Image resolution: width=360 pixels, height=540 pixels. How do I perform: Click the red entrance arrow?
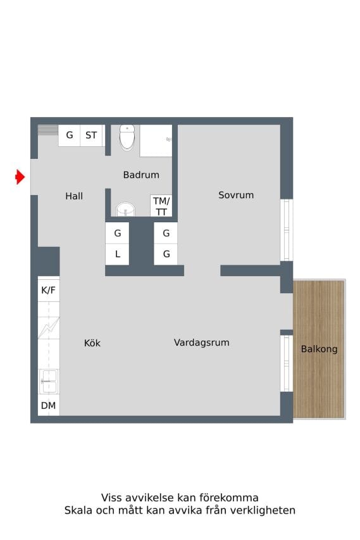coord(20,177)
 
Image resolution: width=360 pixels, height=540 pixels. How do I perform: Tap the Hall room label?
coord(74,196)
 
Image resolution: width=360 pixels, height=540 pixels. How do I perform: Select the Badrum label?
coord(141,175)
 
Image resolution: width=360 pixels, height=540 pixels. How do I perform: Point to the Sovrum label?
coord(236,195)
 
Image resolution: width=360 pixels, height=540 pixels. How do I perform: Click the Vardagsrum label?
coord(202,342)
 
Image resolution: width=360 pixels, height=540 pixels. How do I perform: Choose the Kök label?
coord(92,343)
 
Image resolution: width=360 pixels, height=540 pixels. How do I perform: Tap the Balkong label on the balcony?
coord(319,349)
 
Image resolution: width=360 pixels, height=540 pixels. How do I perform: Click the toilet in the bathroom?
coord(127,137)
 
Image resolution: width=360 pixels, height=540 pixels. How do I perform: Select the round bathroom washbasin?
coord(126,210)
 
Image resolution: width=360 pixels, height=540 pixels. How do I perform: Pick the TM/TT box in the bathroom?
coord(161,206)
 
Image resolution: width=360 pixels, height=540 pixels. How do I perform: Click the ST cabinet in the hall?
coord(92,135)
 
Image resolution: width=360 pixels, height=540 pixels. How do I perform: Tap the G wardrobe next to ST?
coord(69,135)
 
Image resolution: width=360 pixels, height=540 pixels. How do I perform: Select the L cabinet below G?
coord(117,254)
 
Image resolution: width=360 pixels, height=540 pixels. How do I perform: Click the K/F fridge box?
coord(49,290)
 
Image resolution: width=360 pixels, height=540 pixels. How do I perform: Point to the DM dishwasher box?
coord(49,405)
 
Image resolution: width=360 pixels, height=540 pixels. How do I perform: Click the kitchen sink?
coord(49,382)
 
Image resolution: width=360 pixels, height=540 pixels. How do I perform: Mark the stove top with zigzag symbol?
coord(49,327)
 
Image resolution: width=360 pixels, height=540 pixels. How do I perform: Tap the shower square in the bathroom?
coord(156,141)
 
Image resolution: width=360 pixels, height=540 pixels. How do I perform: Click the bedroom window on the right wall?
coord(287,230)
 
